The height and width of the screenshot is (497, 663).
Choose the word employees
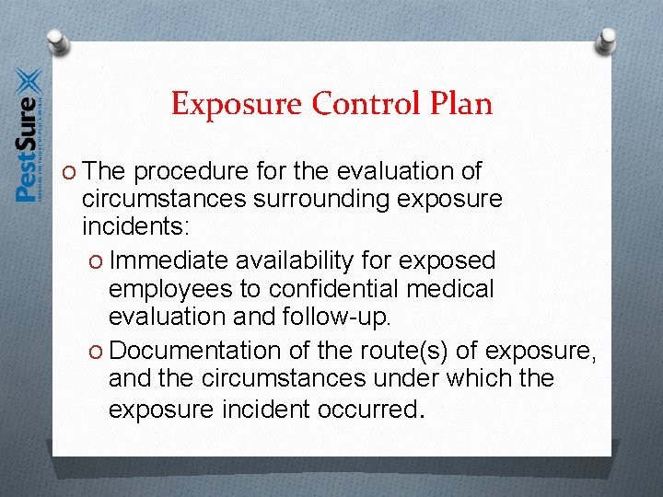click(x=170, y=289)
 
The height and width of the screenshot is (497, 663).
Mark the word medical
click(x=453, y=289)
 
